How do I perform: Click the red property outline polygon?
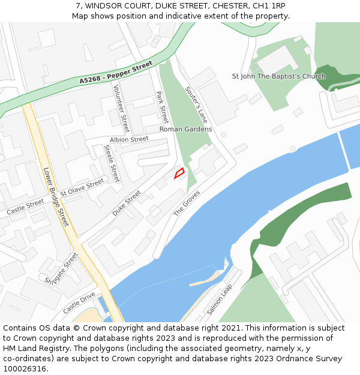(x=179, y=173)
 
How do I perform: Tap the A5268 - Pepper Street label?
(x=116, y=71)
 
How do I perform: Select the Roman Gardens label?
(x=185, y=129)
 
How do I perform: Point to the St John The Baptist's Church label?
(x=279, y=76)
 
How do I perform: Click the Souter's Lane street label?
(x=196, y=104)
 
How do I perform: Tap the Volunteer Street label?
(x=121, y=109)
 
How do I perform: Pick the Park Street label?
(x=162, y=107)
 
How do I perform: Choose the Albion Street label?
(x=129, y=139)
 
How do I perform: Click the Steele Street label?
(x=112, y=163)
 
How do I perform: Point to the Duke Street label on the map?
(x=127, y=203)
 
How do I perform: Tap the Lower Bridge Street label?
(x=56, y=197)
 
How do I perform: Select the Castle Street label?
(x=25, y=207)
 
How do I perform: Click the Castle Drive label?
(x=79, y=303)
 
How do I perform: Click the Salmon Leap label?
(x=220, y=299)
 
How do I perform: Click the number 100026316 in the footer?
(x=25, y=368)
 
